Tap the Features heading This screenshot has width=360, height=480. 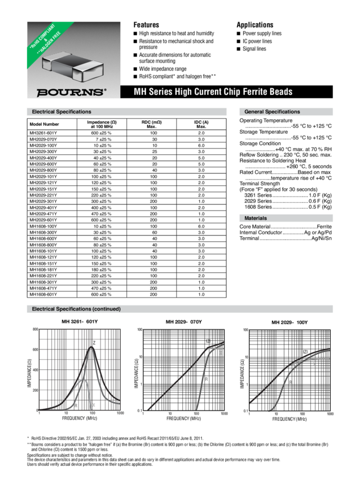click(146, 25)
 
